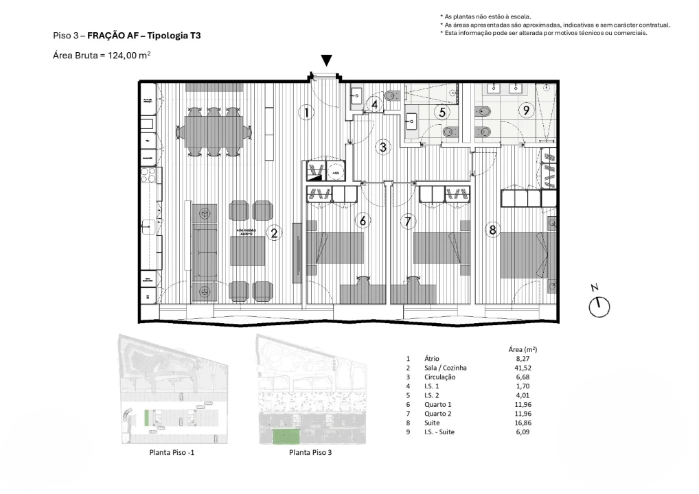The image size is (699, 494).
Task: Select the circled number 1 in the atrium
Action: point(307,112)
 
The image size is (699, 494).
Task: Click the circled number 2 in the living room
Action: point(274,233)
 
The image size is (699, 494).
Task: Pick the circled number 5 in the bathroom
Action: point(443,111)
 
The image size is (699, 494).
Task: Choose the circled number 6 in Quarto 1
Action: point(362,221)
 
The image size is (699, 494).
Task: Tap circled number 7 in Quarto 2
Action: point(409,221)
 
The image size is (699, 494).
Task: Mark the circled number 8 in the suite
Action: point(492,230)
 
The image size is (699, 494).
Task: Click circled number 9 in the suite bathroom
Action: point(526,110)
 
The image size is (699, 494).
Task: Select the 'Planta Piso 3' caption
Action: point(312,452)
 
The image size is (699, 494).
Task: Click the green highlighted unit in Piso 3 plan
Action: point(287,436)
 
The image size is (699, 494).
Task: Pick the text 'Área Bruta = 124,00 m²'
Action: point(102,56)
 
